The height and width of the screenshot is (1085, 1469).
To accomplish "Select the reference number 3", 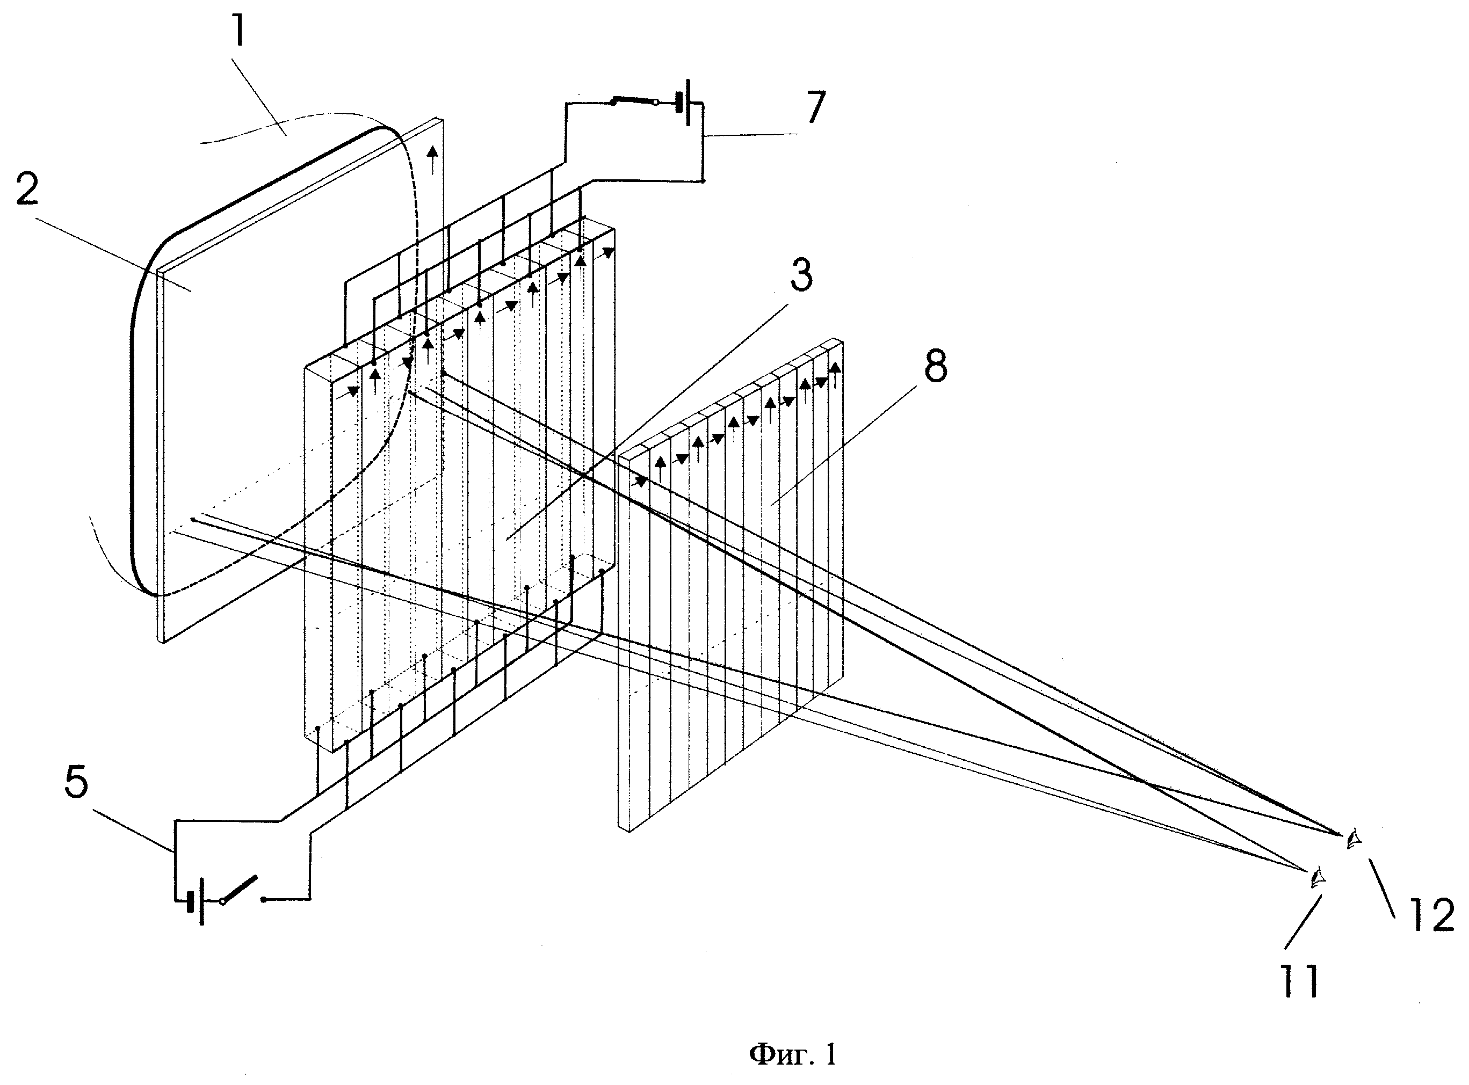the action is point(801,276).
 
